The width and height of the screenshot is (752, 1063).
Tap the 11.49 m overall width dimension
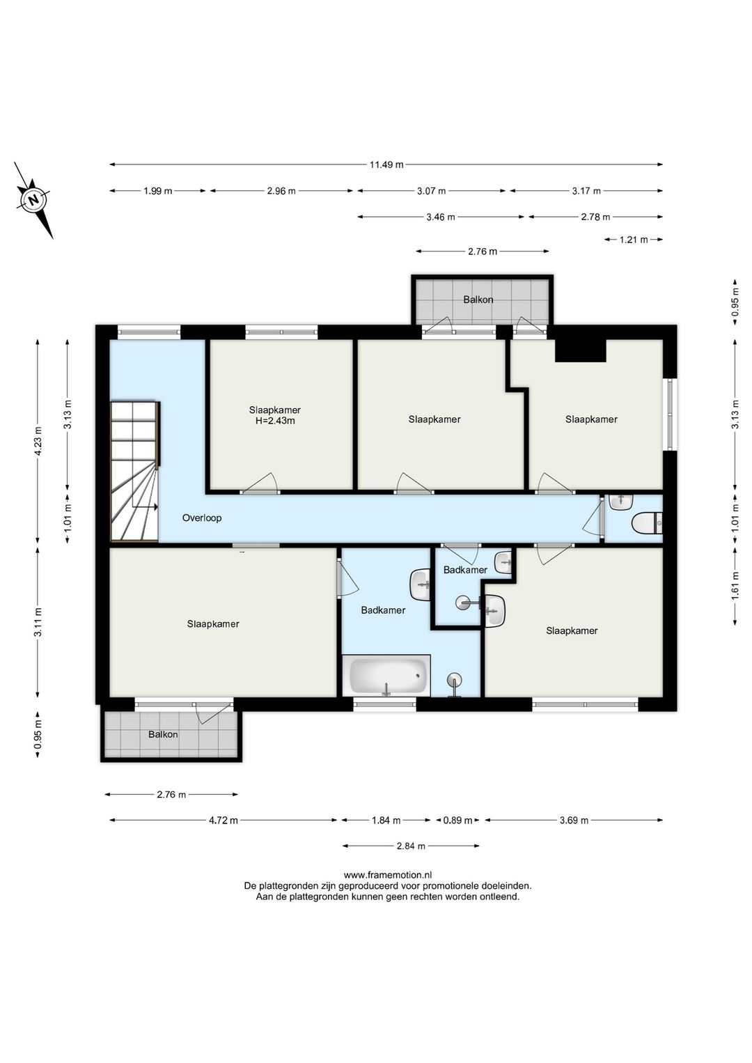(386, 164)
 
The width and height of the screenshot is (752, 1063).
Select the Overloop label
(202, 518)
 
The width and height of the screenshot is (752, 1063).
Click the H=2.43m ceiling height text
(275, 421)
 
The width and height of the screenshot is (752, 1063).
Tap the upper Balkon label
(478, 300)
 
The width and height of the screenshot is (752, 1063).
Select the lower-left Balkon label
(163, 734)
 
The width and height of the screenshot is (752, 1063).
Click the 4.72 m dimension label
(224, 821)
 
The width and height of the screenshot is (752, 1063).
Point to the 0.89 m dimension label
(458, 821)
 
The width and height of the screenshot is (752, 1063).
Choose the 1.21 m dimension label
(634, 240)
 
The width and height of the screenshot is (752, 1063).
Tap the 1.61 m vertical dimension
(735, 586)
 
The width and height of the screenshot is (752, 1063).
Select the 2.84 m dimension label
(411, 846)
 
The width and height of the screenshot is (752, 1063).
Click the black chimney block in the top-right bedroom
(581, 350)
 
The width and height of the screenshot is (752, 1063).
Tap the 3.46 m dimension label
(440, 217)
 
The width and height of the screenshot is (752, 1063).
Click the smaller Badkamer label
(465, 570)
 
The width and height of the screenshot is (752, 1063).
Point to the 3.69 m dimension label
(574, 821)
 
